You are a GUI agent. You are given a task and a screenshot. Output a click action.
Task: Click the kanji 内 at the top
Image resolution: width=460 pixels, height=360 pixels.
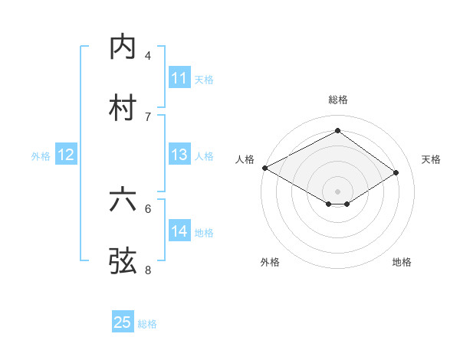tap(122, 47)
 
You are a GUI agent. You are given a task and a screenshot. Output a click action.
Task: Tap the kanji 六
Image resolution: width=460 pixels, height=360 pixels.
tap(122, 200)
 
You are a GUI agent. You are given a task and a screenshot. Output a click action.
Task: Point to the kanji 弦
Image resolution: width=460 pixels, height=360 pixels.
tap(122, 261)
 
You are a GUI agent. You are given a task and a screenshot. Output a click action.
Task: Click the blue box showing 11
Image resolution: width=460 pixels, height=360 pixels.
tap(179, 78)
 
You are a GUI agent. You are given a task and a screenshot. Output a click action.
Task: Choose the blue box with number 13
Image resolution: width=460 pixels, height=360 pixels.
tap(179, 155)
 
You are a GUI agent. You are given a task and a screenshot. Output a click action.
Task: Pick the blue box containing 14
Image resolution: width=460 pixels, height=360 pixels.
tap(179, 231)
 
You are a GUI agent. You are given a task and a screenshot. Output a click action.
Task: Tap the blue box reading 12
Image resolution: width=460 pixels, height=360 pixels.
tap(66, 155)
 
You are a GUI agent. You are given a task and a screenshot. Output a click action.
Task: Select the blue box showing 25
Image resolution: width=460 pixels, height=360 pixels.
tap(123, 322)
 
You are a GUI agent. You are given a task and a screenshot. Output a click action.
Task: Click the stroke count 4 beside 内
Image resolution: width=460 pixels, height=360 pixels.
tap(148, 56)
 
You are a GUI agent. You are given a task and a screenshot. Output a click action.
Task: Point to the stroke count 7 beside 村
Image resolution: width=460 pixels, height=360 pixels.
tap(148, 116)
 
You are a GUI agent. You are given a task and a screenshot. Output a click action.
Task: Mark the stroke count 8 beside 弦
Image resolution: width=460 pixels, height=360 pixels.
tap(148, 270)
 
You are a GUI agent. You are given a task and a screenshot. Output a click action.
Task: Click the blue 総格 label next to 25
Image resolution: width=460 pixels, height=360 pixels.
tap(148, 324)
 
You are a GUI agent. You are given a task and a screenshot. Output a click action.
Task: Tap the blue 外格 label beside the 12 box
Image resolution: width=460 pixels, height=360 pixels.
tap(41, 156)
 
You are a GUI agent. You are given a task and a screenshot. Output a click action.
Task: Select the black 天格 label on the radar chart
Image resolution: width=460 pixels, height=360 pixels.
tap(431, 159)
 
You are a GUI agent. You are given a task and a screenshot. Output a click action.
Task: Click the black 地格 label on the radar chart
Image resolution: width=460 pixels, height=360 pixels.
tap(402, 262)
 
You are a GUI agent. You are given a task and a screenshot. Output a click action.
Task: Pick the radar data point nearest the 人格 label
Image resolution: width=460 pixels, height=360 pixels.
tap(264, 168)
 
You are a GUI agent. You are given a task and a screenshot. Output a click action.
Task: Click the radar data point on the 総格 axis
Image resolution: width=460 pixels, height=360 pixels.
tap(337, 131)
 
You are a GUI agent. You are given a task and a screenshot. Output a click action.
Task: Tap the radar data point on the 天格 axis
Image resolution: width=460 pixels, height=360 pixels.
tap(396, 172)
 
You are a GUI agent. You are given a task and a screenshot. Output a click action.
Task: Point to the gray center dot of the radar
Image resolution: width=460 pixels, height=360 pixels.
tap(337, 191)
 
